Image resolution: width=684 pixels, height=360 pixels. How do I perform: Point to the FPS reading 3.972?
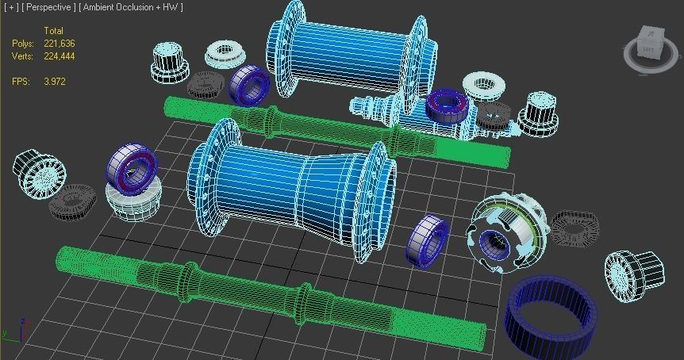coord(55,82)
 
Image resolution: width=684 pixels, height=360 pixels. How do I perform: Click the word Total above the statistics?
coord(53,31)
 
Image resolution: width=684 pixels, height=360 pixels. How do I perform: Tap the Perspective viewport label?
coord(49,7)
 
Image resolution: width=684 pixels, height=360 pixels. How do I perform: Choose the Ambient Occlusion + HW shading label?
coord(132,7)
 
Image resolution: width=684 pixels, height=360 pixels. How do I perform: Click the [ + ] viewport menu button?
coord(11,7)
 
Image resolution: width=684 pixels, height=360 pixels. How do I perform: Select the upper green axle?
coord(333,131)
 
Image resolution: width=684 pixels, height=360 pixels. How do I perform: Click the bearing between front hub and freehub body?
coord(428,239)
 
